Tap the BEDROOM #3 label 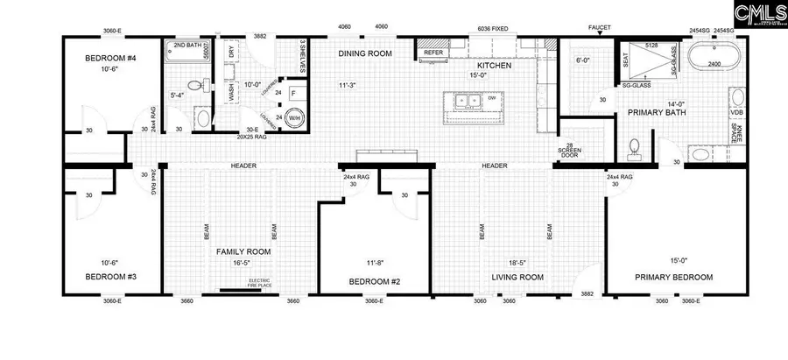coord(107,276)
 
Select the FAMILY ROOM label coord(244,251)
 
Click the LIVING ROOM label coord(517,276)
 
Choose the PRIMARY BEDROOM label coord(673,276)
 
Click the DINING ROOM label coord(365,53)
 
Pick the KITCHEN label coord(493,65)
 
